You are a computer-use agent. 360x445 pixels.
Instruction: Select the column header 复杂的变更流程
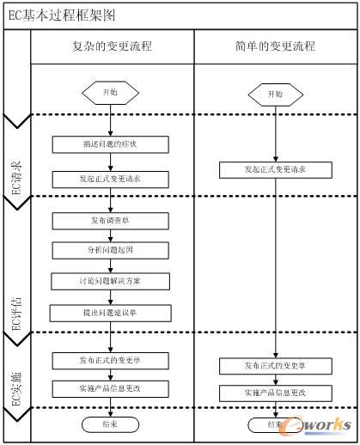(x=112, y=46)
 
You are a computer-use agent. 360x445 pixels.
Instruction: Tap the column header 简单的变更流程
(x=275, y=46)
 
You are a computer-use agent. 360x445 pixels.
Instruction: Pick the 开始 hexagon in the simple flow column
(x=274, y=94)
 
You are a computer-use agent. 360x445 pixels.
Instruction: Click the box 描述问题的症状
(x=109, y=143)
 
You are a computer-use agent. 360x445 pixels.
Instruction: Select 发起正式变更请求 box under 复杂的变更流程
(x=109, y=179)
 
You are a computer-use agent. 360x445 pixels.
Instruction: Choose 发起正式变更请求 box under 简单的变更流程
(x=275, y=170)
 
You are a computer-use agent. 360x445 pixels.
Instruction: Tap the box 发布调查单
(x=109, y=221)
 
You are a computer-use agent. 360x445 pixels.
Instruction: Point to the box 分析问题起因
(x=109, y=250)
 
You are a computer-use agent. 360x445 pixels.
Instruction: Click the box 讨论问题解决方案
(x=109, y=281)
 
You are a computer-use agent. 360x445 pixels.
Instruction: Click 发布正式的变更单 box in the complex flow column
(x=109, y=359)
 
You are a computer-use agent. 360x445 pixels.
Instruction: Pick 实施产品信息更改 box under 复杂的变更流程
(x=109, y=387)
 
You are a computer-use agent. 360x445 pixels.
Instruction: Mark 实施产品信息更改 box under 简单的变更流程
(x=275, y=393)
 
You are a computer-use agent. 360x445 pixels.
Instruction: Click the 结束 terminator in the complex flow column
(x=109, y=424)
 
